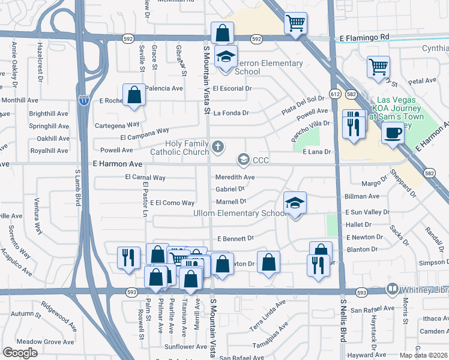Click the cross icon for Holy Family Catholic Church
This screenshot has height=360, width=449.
point(217,146)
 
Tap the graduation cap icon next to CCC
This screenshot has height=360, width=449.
point(243,160)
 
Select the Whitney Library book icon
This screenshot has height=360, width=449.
point(393,289)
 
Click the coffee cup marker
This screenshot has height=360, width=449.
point(393,133)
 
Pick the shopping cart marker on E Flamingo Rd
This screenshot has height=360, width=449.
point(295,23)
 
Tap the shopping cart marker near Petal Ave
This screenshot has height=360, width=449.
point(379,67)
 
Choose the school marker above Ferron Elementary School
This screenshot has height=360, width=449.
point(226,58)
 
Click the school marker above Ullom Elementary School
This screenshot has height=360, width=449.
point(295,204)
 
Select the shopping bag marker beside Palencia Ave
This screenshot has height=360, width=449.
point(134,95)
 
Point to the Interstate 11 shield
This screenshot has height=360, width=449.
point(83,100)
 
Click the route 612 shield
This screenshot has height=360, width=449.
point(335,95)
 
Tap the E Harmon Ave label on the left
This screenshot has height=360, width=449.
point(117,164)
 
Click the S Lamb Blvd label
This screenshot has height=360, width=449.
point(77,189)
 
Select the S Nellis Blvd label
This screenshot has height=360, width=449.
point(344,318)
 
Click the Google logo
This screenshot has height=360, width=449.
point(20,353)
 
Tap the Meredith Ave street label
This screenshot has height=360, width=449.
point(235,178)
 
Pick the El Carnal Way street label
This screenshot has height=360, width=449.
point(145,178)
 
